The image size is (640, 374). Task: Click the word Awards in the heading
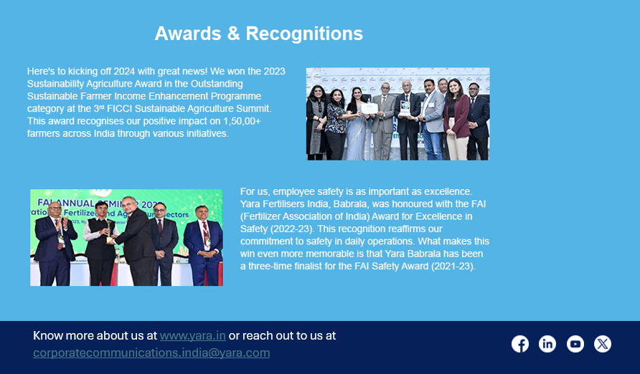coord(188,34)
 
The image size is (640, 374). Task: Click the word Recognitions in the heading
coord(304,34)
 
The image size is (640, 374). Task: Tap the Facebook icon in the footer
coord(520,344)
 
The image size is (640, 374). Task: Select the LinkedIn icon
coord(547,344)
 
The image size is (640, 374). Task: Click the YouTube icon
coord(575,344)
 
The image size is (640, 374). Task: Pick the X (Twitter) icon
coord(603,344)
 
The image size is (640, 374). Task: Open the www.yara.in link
coord(193,336)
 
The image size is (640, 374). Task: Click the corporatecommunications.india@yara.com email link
coord(151,353)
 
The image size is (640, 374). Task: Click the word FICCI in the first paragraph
coord(120,109)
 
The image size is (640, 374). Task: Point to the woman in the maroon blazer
coord(457,119)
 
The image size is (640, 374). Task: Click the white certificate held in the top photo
coord(370,108)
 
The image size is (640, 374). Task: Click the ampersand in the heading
coord(233,34)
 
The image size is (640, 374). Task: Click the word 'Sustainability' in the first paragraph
coord(55,84)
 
